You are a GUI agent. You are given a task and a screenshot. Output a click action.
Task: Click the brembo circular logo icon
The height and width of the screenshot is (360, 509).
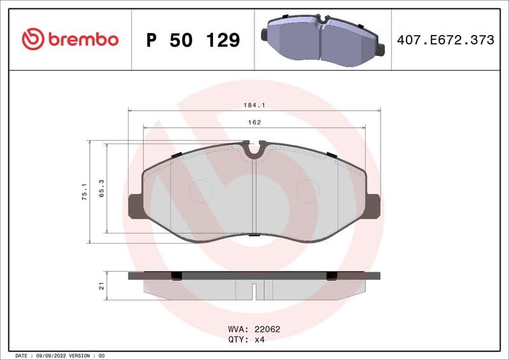32,39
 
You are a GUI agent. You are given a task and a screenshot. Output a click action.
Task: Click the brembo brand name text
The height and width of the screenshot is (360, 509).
82,39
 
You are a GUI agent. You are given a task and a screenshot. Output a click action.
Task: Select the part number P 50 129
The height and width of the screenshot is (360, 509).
193,40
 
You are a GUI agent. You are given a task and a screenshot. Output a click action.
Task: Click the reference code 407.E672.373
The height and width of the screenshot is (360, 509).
445,40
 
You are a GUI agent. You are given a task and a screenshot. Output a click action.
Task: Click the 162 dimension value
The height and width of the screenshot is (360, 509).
254,122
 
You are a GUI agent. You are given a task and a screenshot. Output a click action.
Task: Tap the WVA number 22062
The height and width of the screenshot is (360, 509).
267,329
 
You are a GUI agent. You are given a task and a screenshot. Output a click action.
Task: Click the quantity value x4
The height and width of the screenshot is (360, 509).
260,340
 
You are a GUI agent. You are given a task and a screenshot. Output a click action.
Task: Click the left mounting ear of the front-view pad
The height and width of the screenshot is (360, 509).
135,206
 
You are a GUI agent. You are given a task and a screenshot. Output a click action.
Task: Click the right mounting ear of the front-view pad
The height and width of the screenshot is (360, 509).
374,206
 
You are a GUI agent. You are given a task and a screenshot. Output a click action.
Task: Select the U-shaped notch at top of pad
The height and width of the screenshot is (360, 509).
254,151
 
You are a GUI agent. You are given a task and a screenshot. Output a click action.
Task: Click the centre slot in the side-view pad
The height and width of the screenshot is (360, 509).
254,291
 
